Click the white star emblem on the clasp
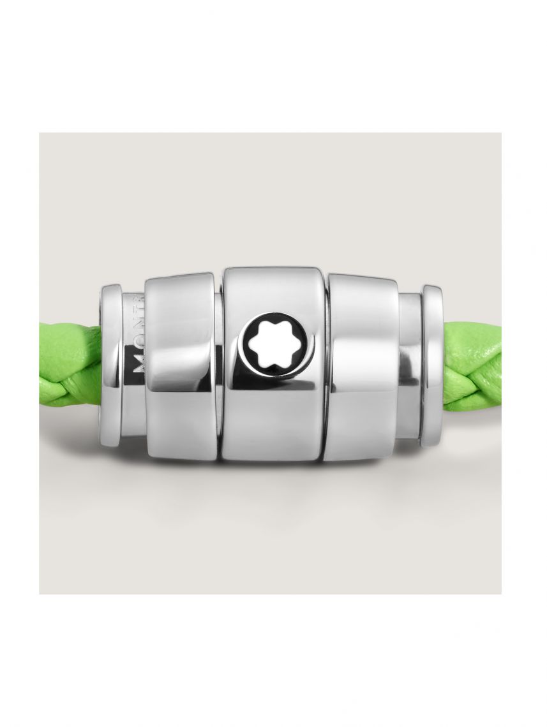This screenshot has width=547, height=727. [x=272, y=344]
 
